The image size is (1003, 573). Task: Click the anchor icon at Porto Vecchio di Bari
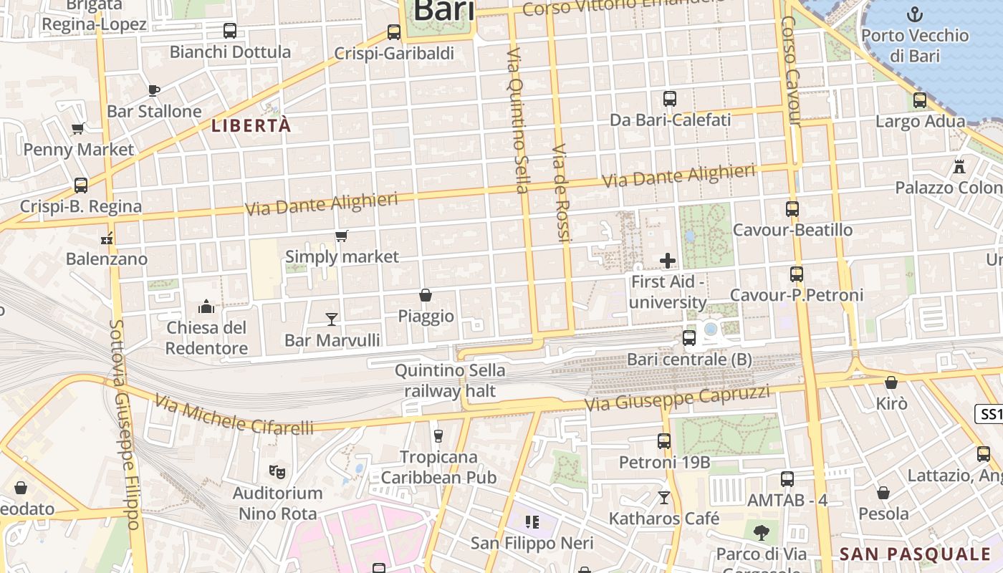[x=914, y=14]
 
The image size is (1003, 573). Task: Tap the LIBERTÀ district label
[x=251, y=125]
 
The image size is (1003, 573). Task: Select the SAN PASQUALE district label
[x=915, y=554]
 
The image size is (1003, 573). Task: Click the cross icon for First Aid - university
[x=668, y=261]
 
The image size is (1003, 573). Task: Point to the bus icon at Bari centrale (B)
[x=689, y=338]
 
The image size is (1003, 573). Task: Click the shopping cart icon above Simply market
[x=342, y=236]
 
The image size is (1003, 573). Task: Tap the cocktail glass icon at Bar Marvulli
[x=332, y=319]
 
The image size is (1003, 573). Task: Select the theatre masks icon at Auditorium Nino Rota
[x=277, y=472]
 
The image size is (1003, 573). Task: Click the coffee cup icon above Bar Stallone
[x=153, y=90]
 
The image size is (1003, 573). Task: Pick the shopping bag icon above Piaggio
[x=426, y=295]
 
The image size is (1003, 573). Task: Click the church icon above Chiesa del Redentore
[x=206, y=307]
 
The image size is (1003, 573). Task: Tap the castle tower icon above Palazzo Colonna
[x=959, y=167]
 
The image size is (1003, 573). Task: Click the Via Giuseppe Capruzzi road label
[x=677, y=398]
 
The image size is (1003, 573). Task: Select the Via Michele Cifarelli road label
[x=234, y=416]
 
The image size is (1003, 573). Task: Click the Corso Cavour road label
[x=791, y=72]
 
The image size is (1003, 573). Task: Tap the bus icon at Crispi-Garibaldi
[x=394, y=32]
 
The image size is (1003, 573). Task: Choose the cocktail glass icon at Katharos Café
[x=664, y=497]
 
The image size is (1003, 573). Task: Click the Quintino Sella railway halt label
[x=450, y=380]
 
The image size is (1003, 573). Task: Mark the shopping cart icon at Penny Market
[x=78, y=129]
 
